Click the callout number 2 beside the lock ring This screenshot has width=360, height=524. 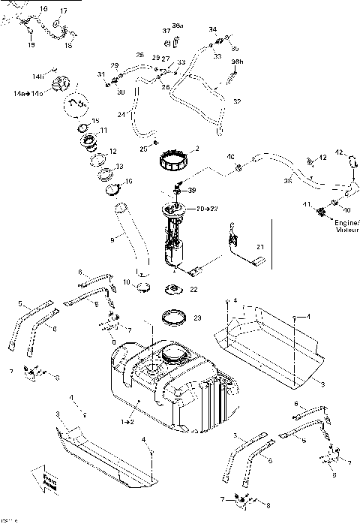pyautogui.click(x=196, y=148)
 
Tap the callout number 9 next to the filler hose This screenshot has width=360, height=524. pyautogui.click(x=112, y=240)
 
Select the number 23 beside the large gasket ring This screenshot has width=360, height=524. pyautogui.click(x=197, y=318)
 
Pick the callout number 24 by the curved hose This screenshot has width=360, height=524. pyautogui.click(x=120, y=115)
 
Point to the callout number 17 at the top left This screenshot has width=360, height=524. pyautogui.click(x=63, y=11)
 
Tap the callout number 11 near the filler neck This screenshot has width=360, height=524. pyautogui.click(x=114, y=130)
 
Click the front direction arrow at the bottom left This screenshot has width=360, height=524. pyautogui.click(x=41, y=479)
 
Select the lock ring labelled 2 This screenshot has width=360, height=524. pyautogui.click(x=174, y=158)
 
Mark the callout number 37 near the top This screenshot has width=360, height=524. pyautogui.click(x=166, y=31)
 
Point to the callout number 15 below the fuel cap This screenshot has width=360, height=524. pyautogui.click(x=95, y=122)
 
